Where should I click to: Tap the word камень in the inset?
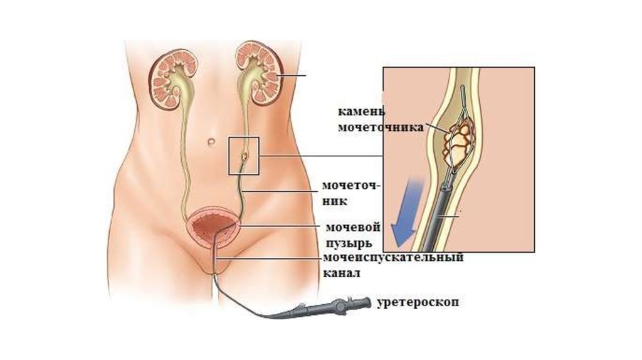coord(360,112)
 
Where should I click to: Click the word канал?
coord(342,273)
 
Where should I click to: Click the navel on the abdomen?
coord(213,142)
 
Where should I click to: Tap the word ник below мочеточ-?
coord(335,202)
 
